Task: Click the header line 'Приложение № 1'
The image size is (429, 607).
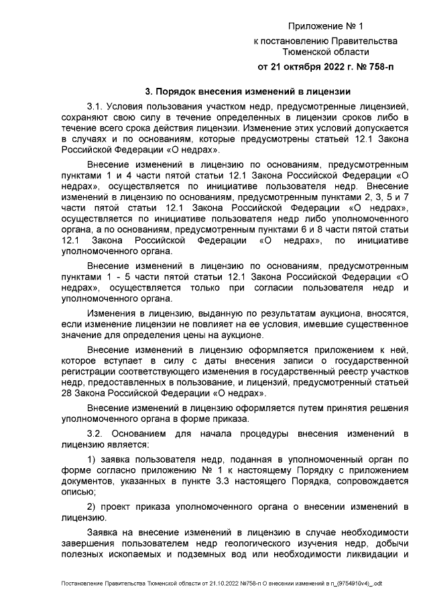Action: coord(325,27)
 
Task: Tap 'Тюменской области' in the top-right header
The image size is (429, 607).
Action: coord(325,52)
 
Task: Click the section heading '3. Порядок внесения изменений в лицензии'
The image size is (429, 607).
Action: coord(248,92)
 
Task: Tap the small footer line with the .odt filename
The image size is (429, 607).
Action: coord(221,586)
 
